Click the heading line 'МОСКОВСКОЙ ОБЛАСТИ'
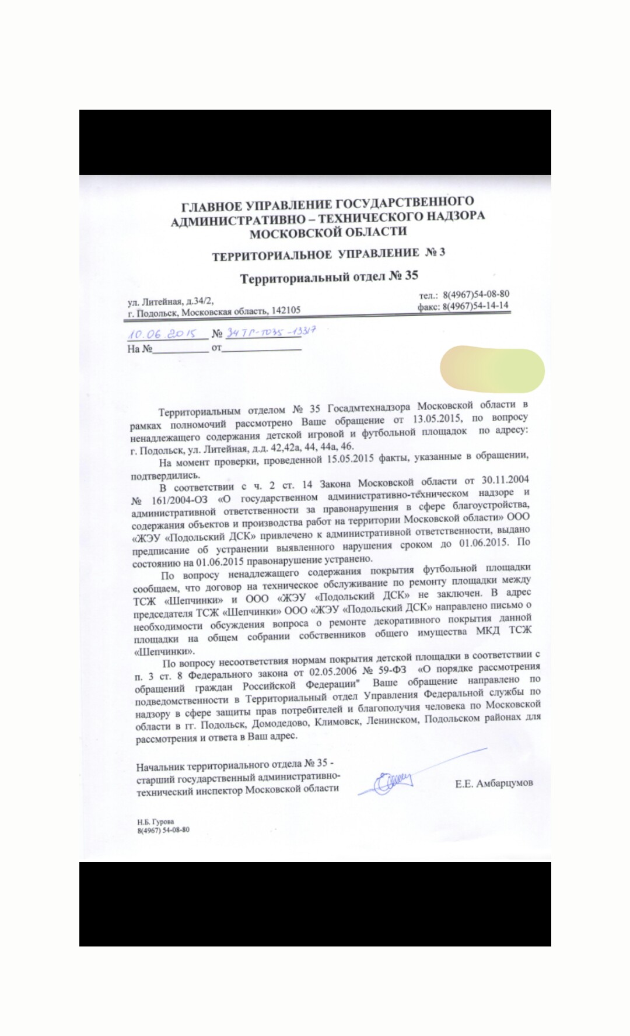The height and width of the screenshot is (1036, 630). pos(328,232)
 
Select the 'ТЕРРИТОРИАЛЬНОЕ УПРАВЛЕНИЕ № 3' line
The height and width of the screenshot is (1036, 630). pos(328,254)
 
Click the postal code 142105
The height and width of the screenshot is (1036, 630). pos(286,311)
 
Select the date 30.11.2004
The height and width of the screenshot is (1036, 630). pos(505,480)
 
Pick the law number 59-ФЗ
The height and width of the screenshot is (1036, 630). pos(393,670)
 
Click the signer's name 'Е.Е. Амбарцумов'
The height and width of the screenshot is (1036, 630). pos(494,783)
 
